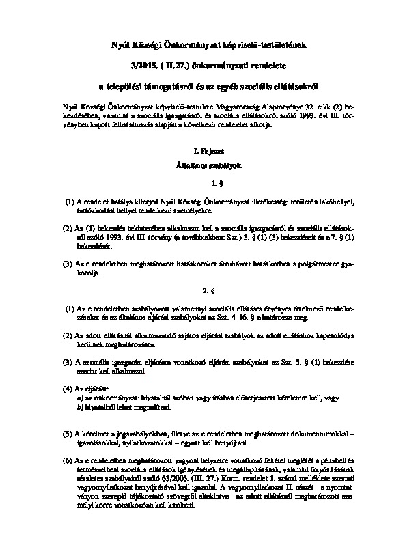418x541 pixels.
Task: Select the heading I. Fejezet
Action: (208, 149)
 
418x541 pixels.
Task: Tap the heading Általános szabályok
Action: (208, 165)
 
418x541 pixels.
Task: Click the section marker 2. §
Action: (208, 289)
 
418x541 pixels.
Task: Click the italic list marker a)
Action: (81, 397)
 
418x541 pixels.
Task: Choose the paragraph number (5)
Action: (67, 434)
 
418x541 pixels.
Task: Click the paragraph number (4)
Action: (67, 388)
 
